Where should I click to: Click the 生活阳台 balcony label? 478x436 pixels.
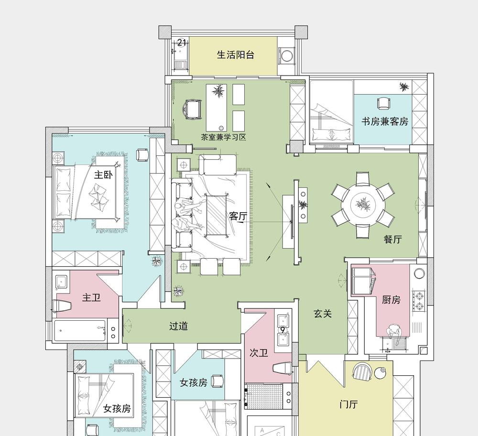click(235, 55)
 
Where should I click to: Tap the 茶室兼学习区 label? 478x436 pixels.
click(223, 137)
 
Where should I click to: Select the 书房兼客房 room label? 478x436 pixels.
click(385, 121)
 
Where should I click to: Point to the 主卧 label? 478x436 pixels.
click(103, 174)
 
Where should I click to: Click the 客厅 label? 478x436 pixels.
click(239, 216)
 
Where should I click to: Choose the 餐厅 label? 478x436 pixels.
click(392, 239)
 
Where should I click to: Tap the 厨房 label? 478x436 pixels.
click(391, 300)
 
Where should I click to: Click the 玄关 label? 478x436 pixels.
click(323, 314)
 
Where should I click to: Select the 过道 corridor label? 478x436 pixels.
click(178, 326)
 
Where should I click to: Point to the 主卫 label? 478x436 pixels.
click(91, 297)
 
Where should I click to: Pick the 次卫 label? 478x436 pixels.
click(259, 353)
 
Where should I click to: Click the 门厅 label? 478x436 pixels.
click(348, 404)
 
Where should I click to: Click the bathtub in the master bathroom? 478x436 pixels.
click(80, 330)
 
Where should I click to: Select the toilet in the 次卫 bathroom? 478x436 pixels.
click(282, 368)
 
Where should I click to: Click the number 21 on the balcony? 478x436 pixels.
click(181, 43)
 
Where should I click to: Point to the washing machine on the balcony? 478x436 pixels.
click(286, 56)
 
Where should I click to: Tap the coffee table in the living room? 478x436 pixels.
click(216, 216)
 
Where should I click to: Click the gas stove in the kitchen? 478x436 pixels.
click(419, 301)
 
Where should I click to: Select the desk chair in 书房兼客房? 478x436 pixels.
click(383, 103)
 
